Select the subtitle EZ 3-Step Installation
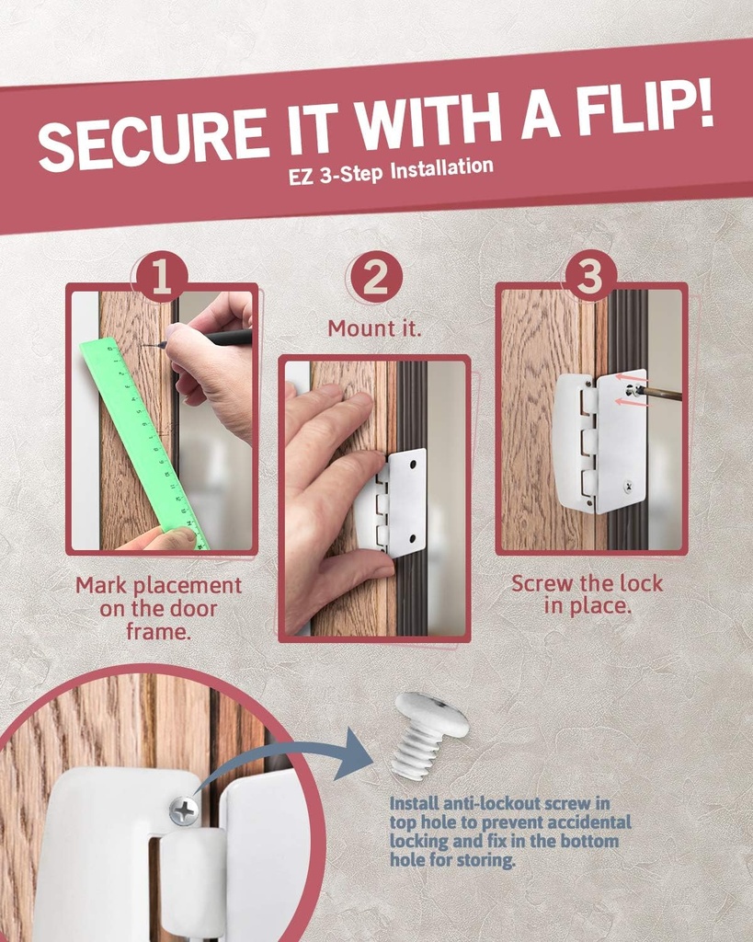tap(391, 171)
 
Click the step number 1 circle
tap(162, 277)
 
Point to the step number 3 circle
tap(589, 275)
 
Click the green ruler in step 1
tap(142, 442)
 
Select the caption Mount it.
tap(375, 328)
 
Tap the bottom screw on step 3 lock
tap(628, 487)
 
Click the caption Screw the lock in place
tap(587, 594)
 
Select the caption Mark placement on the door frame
tap(158, 608)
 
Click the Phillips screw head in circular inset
tap(184, 810)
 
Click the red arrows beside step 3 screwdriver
tap(630, 389)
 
